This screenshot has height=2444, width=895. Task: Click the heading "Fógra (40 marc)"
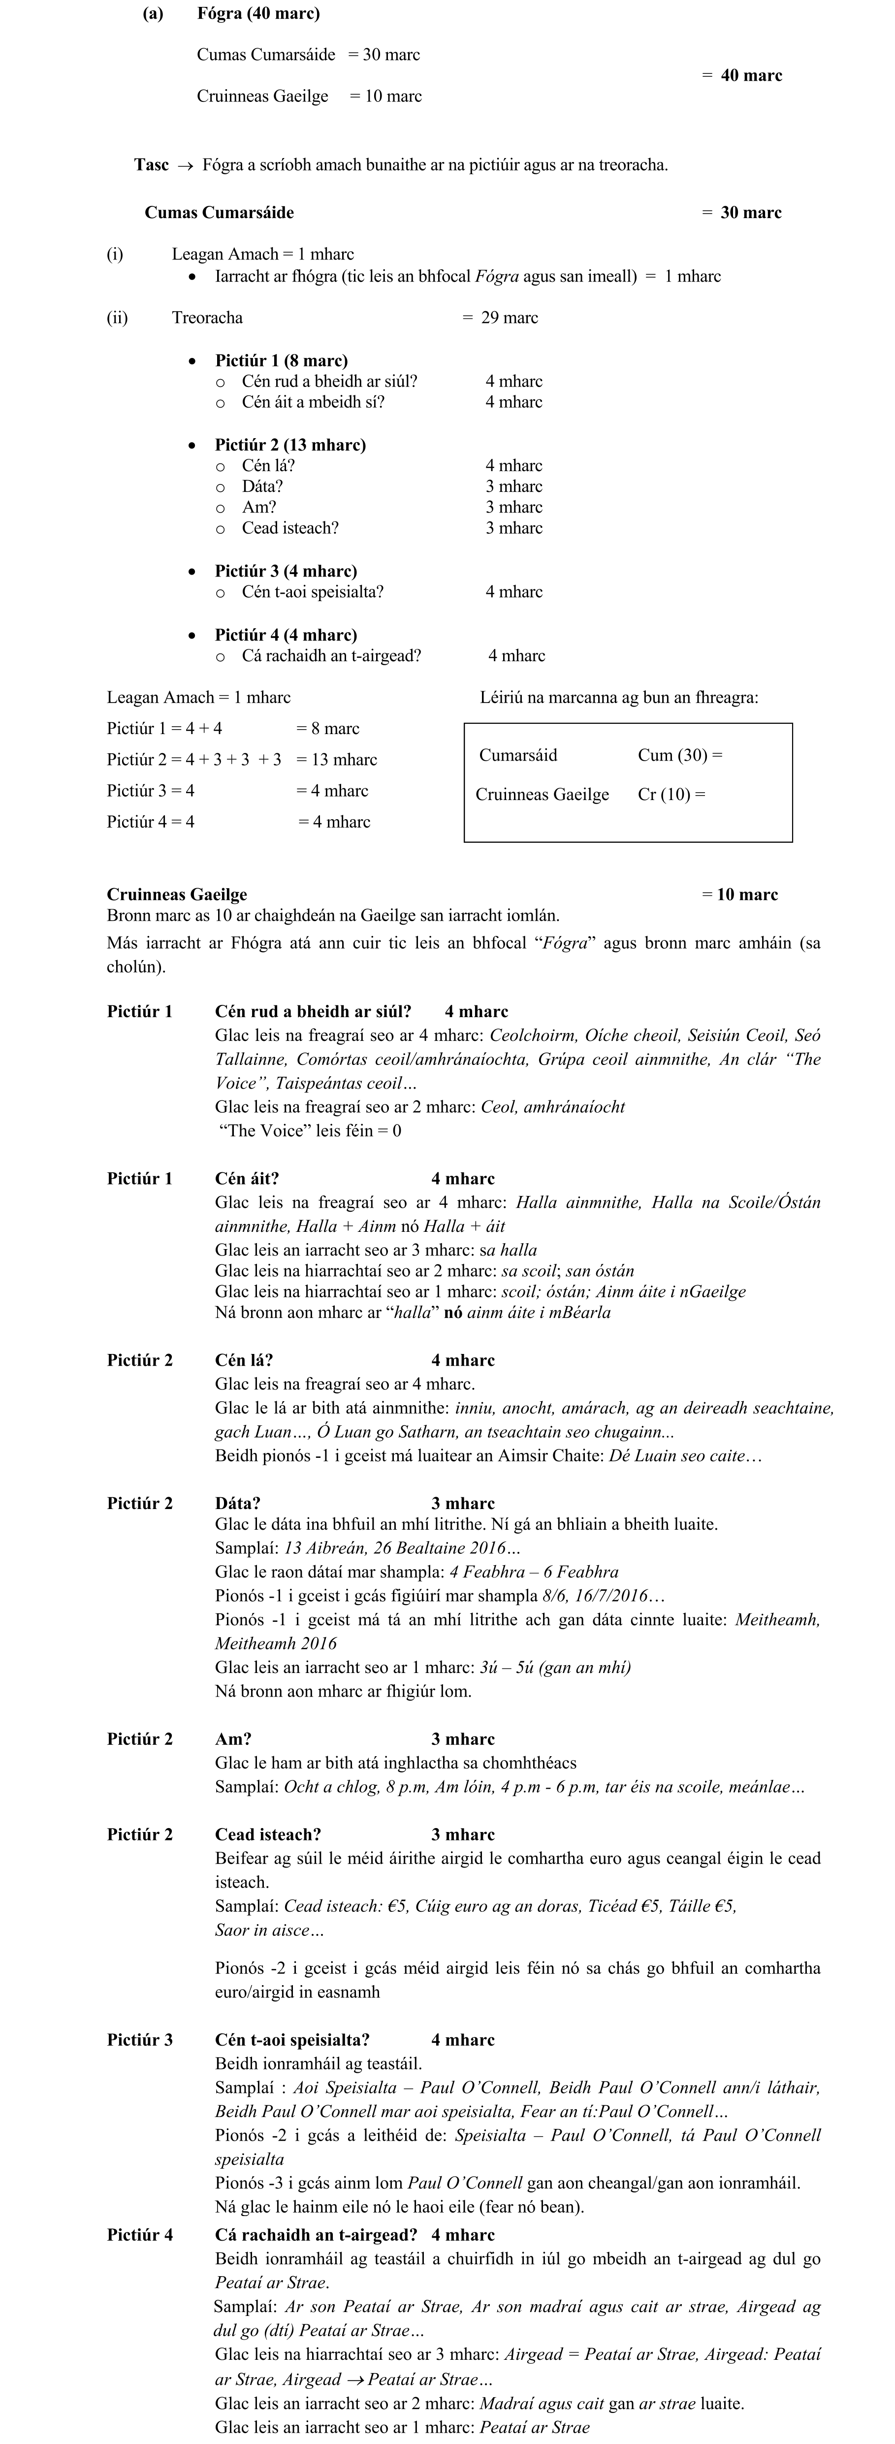tap(258, 13)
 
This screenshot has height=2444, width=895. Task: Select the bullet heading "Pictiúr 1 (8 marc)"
tap(281, 360)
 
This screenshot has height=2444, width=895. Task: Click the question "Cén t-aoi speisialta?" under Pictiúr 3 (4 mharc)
tap(312, 592)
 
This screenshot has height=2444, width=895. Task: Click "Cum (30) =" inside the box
tap(679, 755)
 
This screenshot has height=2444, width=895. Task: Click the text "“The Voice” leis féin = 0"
tap(309, 1131)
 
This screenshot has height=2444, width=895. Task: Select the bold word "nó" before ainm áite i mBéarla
tap(454, 1313)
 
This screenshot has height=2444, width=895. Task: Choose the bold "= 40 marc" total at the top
tap(742, 76)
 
